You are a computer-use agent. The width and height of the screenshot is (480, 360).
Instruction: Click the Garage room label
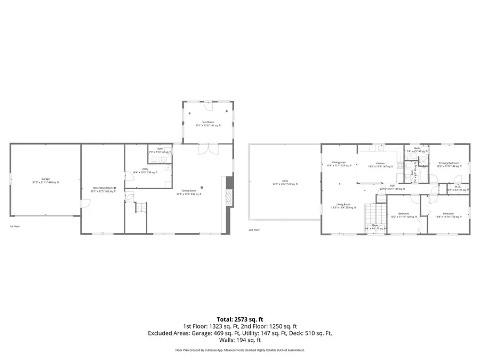[45, 179]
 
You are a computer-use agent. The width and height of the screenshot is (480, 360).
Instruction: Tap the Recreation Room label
[103, 188]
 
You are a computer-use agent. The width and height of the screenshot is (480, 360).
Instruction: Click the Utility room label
[137, 170]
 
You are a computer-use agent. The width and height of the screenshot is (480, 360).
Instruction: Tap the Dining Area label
[339, 162]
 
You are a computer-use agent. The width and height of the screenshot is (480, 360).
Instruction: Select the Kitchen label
[380, 163]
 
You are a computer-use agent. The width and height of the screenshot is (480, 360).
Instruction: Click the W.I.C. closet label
[458, 186]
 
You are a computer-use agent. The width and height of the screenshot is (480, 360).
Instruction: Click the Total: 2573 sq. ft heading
[240, 318]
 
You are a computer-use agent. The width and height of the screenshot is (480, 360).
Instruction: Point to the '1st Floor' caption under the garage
[15, 227]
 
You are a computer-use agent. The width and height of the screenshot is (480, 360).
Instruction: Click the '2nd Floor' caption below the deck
[254, 230]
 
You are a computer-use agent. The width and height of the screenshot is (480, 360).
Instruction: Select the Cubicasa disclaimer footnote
[240, 350]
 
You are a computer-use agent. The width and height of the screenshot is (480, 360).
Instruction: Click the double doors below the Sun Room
[207, 149]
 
